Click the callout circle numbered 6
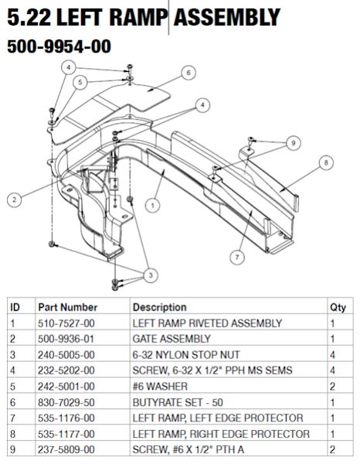[186, 73]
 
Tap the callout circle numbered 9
[292, 142]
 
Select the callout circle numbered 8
[325, 163]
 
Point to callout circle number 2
[13, 199]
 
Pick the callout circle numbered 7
[237, 256]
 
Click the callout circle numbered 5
[80, 82]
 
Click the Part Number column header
[68, 307]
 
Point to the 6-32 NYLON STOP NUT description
[182, 355]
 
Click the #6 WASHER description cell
[159, 386]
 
